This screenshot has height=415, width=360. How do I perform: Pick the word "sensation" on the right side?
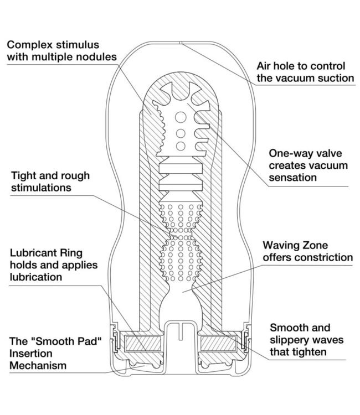(x=292, y=178)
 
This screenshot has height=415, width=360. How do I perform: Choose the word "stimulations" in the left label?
(x=42, y=188)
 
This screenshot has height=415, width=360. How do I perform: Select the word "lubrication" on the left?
(x=36, y=277)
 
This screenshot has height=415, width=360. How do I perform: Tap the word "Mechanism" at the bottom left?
(x=38, y=365)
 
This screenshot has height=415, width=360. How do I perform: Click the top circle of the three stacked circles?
(x=180, y=117)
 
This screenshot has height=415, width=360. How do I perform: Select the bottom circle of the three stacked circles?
(x=180, y=146)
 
